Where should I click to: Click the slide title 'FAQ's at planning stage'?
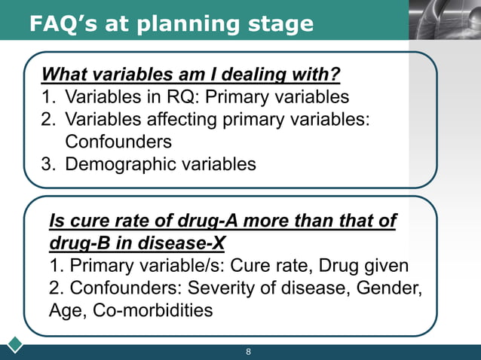(x=171, y=24)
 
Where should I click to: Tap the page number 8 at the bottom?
(x=248, y=352)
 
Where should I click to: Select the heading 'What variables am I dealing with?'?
(x=191, y=75)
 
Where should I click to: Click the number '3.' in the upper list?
(x=51, y=163)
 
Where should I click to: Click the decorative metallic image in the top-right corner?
(x=445, y=20)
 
